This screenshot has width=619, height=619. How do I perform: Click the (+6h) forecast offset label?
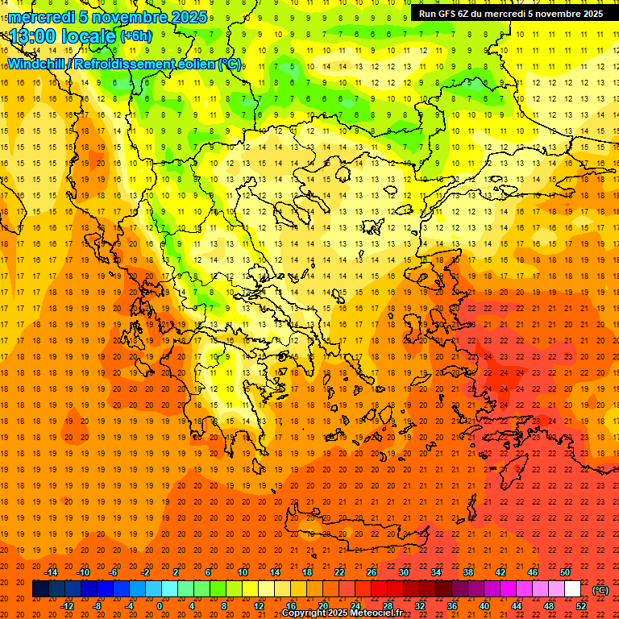[135, 36]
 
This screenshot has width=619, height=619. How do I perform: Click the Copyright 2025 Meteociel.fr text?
[342, 613]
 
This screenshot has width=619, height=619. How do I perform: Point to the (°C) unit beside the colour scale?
[600, 589]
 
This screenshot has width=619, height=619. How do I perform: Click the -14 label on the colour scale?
[50, 571]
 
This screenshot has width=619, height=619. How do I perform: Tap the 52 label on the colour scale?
[581, 606]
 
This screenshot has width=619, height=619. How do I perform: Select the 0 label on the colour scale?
[160, 606]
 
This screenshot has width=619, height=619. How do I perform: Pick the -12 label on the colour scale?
[67, 606]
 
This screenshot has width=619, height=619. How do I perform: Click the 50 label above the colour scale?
[564, 571]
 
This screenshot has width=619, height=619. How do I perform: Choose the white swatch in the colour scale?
[572, 588]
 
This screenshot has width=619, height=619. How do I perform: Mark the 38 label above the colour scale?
[467, 571]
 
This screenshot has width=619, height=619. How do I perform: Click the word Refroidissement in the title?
[128, 64]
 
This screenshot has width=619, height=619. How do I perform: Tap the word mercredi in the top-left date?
[42, 17]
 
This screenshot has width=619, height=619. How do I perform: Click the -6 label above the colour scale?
[114, 571]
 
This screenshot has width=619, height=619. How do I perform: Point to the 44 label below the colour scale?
[516, 606]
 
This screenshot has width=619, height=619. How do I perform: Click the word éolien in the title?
[201, 64]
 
